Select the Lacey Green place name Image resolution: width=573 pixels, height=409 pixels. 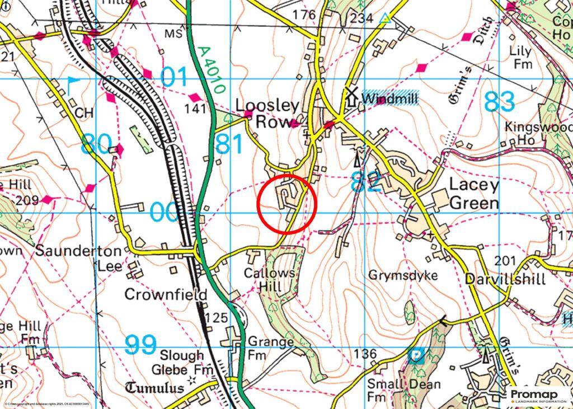(x=474, y=194)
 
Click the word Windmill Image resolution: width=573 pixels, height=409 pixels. (x=389, y=98)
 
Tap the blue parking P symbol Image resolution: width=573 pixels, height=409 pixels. (x=416, y=356)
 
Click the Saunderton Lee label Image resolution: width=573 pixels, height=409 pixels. (x=78, y=258)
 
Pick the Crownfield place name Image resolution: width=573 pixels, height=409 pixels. (x=166, y=294)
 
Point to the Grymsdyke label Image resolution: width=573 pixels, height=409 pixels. (x=403, y=276)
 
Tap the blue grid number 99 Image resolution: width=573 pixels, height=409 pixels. (x=140, y=345)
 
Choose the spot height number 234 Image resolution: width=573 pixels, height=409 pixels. (x=361, y=18)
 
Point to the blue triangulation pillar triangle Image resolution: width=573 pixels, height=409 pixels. (x=384, y=18)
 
